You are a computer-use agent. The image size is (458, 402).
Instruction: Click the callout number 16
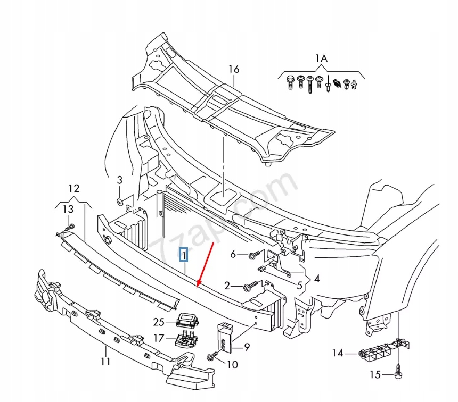(x=234, y=69)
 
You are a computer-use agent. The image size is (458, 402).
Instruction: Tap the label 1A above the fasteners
(x=321, y=58)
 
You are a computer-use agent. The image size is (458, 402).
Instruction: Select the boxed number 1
(x=183, y=256)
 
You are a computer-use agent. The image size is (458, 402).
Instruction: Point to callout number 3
(x=120, y=180)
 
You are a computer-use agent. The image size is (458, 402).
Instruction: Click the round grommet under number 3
(x=120, y=202)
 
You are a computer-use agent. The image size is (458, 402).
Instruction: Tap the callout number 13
(x=68, y=210)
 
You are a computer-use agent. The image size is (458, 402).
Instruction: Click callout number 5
(x=299, y=286)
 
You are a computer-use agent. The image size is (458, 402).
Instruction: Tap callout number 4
(x=316, y=278)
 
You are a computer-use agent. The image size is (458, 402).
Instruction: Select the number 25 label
(x=159, y=322)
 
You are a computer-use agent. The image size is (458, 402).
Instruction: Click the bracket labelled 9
(x=225, y=338)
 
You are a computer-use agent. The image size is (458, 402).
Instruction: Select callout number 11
(x=105, y=363)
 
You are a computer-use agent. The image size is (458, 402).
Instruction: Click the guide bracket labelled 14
(x=379, y=353)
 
